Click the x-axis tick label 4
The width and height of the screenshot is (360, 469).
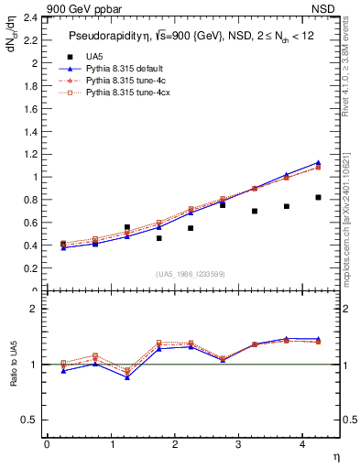pos(301,444)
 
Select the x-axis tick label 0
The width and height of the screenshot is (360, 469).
pos(47,444)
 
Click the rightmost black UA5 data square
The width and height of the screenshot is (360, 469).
pos(318,197)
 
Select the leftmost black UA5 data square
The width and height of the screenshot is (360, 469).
pos(62,245)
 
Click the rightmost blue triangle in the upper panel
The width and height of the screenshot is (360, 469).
pos(318,162)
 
